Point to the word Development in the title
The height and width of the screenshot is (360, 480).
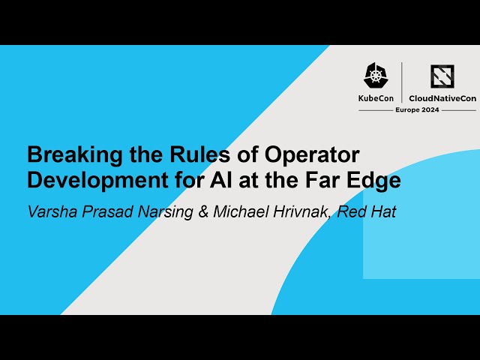pyautogui.click(x=91, y=180)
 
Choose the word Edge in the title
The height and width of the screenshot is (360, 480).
pyautogui.click(x=373, y=180)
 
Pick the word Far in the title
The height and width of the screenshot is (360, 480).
pyautogui.click(x=325, y=180)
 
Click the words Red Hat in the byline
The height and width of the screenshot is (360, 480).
pyautogui.click(x=366, y=211)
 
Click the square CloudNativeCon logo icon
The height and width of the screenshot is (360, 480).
pyautogui.click(x=442, y=76)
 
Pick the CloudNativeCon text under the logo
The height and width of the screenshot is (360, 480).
pyautogui.click(x=442, y=97)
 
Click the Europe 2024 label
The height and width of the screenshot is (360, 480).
pyautogui.click(x=417, y=109)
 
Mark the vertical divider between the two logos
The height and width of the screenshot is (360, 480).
pyautogui.click(x=402, y=82)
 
